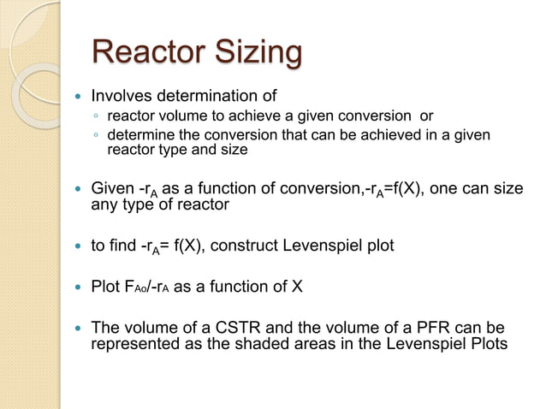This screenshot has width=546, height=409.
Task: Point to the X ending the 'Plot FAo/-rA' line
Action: (296, 287)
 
